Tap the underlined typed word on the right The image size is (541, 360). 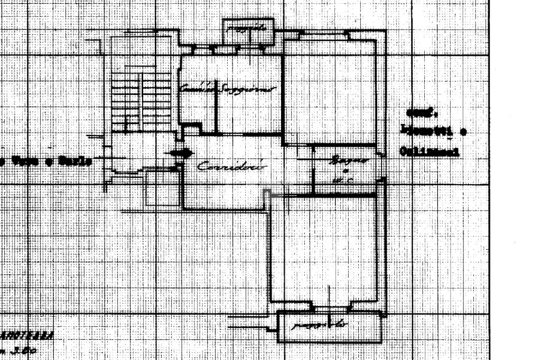(x=428, y=152)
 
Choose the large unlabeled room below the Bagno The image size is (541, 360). (x=325, y=248)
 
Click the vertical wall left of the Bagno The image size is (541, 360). (x=314, y=169)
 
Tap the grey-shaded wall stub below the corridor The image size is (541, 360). (x=267, y=194)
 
